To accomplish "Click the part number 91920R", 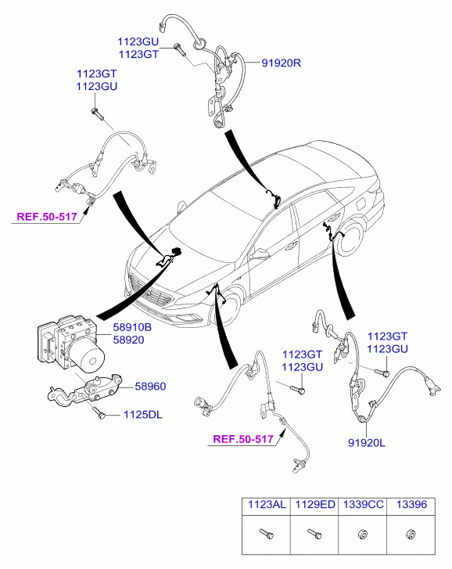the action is (x=282, y=63).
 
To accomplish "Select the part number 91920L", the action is (x=367, y=443).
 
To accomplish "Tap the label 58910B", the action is (x=132, y=327).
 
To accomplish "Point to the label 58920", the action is (x=129, y=340).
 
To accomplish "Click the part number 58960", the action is (x=150, y=387).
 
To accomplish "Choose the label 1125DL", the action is (x=143, y=415).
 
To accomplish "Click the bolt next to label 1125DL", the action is (x=99, y=412).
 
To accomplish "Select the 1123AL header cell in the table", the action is (x=267, y=504).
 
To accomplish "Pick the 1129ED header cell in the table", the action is (x=314, y=504).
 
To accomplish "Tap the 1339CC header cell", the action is (x=363, y=504).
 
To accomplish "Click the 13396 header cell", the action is (x=411, y=504).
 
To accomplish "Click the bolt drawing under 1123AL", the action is (x=267, y=534).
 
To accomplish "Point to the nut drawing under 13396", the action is (x=411, y=535).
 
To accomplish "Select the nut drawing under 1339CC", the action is (x=363, y=535).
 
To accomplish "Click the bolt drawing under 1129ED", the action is (x=314, y=534).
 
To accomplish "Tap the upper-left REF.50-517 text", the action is (x=47, y=217).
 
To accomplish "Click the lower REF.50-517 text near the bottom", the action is (x=243, y=439).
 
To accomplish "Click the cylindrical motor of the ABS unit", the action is (x=88, y=357).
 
